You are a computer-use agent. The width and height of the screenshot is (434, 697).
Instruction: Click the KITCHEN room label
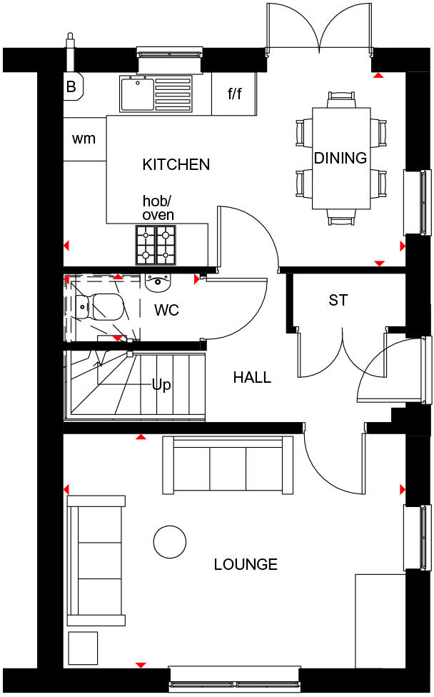coord(176,164)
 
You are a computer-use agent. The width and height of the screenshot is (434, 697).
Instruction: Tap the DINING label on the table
coord(340,158)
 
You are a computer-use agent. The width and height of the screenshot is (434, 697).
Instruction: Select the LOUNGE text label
coord(246,565)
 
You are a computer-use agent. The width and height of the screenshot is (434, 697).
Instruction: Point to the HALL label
coord(252,377)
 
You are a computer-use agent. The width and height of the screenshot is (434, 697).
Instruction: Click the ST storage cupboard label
coord(338,301)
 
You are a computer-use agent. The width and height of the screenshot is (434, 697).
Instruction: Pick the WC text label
coord(166,311)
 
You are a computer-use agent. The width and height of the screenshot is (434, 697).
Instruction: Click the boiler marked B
coord(71,87)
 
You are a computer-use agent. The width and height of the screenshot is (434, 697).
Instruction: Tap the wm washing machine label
coord(84,139)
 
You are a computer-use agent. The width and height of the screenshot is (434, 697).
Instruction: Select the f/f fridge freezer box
coord(234,94)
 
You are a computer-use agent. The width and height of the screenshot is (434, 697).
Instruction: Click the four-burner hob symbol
coord(156,245)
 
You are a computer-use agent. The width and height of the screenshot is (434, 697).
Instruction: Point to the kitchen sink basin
coord(136,94)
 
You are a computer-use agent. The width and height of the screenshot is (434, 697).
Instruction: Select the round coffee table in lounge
coord(170,541)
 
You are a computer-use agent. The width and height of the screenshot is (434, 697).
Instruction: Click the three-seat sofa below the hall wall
coord(228,466)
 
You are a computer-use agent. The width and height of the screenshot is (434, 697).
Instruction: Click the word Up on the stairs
coord(161,385)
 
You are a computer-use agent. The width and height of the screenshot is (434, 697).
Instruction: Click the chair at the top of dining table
coord(340,99)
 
